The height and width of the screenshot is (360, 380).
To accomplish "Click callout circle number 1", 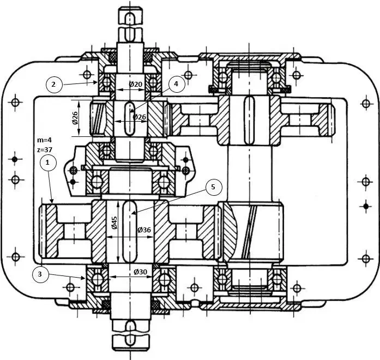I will point(48,163).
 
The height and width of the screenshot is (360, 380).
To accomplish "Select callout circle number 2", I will point(53,84).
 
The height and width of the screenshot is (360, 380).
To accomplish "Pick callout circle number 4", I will point(175,84).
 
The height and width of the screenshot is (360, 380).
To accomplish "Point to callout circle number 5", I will point(213,187).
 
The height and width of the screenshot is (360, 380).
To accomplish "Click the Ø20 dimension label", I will point(136,84).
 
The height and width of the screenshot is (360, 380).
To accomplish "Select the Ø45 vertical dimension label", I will point(114,222).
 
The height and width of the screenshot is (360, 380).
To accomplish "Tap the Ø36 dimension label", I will point(144,230).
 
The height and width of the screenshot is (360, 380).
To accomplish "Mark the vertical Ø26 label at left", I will point(75,117).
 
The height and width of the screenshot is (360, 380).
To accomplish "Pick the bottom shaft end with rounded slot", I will point(131,333).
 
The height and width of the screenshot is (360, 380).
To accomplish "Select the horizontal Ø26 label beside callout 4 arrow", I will point(140,117).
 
